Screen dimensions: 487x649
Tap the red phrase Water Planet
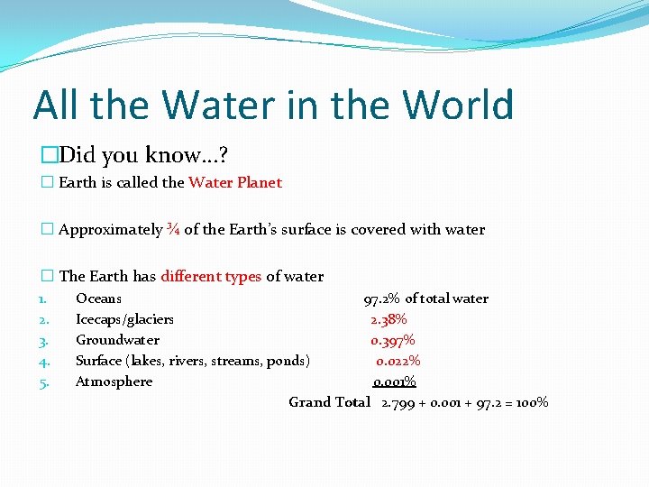tap(234, 182)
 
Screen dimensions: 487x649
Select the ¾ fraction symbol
tap(173, 229)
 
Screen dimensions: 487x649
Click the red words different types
tap(211, 276)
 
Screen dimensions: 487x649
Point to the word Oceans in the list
tap(98, 299)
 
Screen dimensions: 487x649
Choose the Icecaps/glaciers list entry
tap(124, 319)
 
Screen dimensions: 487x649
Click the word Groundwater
tap(117, 340)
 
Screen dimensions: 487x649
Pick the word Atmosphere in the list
tap(114, 381)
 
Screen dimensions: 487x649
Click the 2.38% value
tap(388, 319)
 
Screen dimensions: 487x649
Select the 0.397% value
tap(393, 340)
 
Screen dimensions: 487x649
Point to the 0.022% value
tap(398, 361)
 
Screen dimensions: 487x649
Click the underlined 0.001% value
tap(395, 381)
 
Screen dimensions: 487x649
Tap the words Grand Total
tap(329, 402)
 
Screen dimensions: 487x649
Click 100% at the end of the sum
tap(530, 402)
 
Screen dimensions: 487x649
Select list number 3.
tap(42, 341)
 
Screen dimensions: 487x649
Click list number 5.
tap(42, 382)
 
